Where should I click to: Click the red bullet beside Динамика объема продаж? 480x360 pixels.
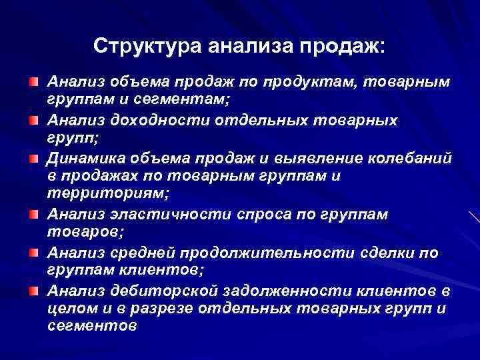33,159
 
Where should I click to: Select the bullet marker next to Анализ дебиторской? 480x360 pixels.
33,293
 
